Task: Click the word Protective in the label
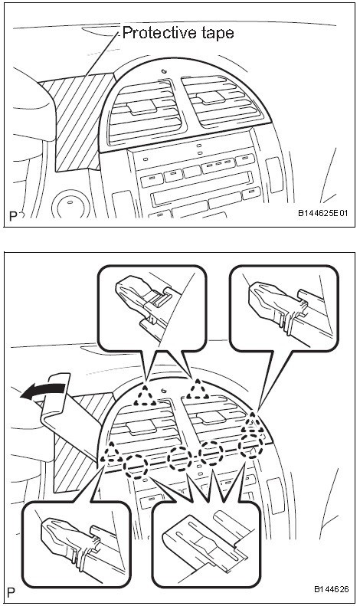154,33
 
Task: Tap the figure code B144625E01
323,213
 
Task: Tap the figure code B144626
331,589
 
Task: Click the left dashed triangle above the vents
145,395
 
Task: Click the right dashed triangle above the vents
198,390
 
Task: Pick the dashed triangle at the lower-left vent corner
112,454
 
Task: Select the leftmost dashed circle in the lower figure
136,467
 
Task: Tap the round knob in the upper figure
71,204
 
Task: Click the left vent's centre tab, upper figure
142,106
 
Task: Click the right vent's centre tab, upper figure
211,97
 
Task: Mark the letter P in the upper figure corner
13,216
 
